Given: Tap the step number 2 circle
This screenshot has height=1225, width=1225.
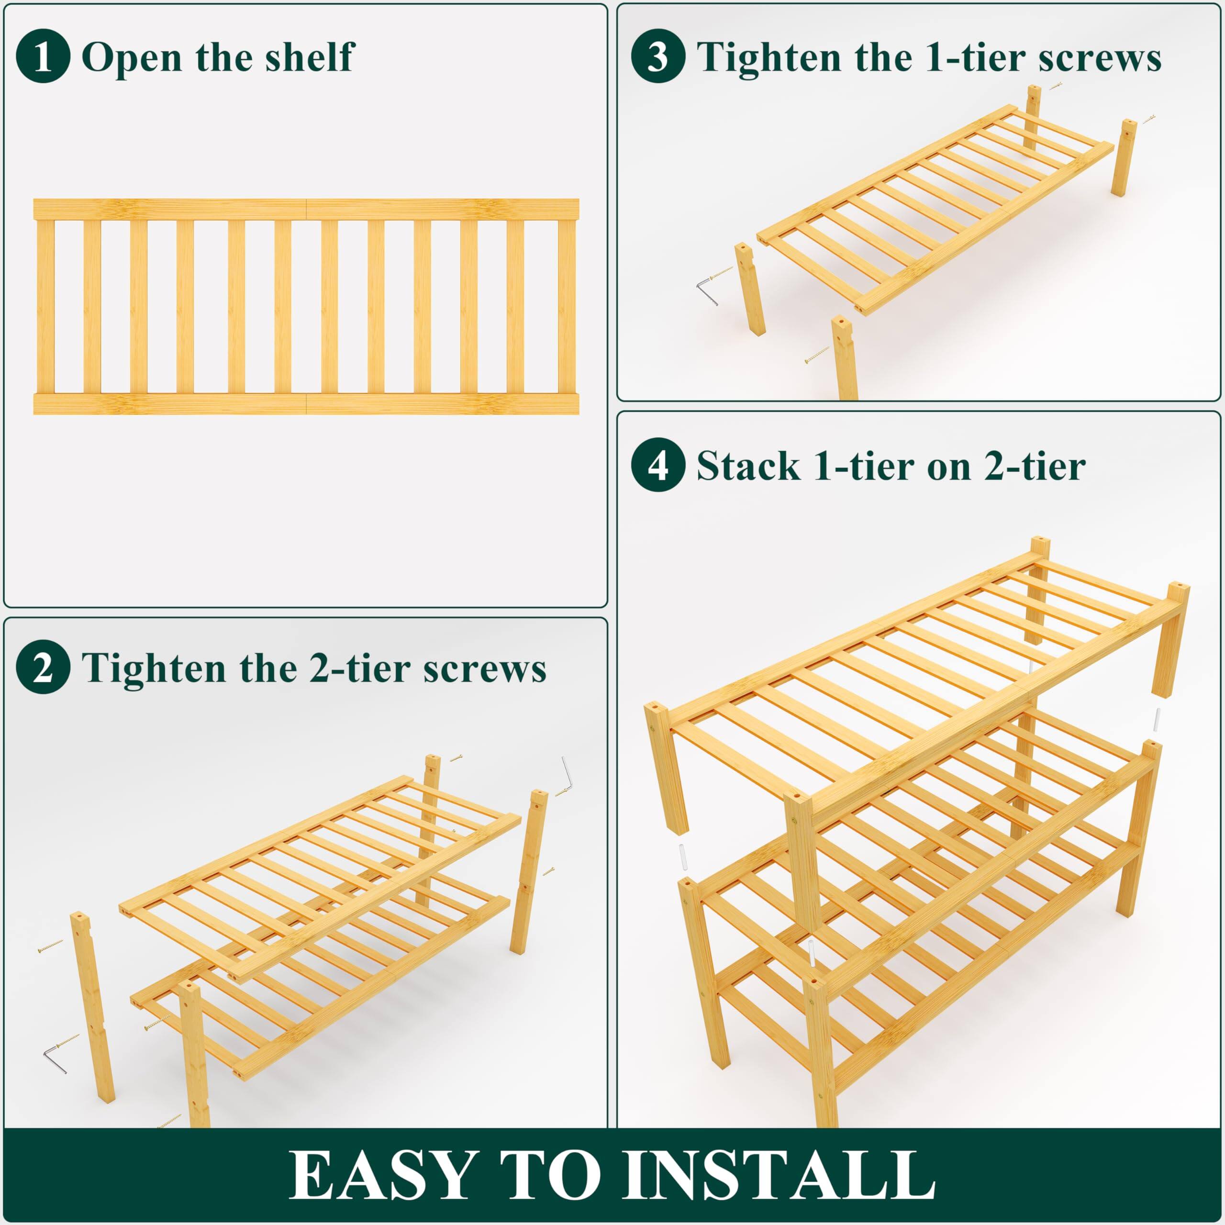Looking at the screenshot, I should [x=43, y=668].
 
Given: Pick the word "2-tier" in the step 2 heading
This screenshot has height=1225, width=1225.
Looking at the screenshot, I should [x=357, y=668].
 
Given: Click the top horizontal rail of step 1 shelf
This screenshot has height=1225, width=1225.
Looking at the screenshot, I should [x=306, y=209].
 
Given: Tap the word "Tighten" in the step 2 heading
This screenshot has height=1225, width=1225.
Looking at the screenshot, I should [x=156, y=668].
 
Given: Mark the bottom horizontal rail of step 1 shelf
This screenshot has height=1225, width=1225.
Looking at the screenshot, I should [x=306, y=404].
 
